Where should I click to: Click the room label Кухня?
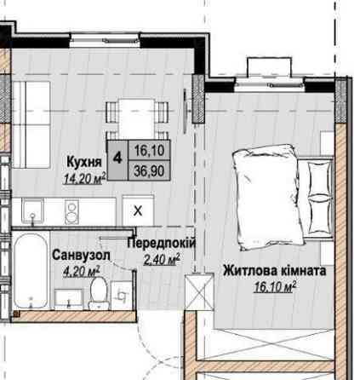pos(84,161)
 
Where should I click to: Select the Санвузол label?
pos(80,256)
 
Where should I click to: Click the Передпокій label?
pos(161,244)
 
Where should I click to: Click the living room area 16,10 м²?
pos(274,287)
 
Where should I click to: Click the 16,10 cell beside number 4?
pos(147,150)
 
